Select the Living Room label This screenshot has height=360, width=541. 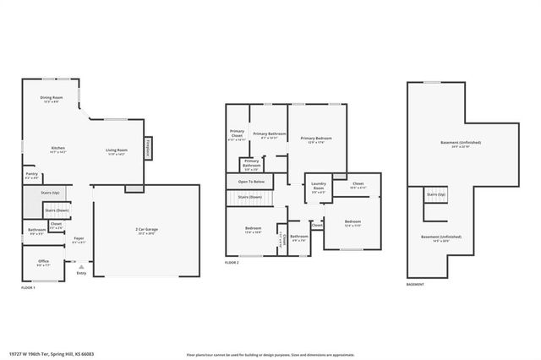(x=116, y=151)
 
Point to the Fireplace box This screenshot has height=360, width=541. (x=147, y=149)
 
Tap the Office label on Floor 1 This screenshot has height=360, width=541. (x=43, y=263)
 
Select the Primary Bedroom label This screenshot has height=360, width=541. (x=316, y=139)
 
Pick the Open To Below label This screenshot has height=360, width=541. (x=251, y=182)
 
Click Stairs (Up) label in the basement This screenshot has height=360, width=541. (x=435, y=195)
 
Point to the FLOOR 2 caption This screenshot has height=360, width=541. (x=232, y=264)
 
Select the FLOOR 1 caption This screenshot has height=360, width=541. (x=29, y=288)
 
